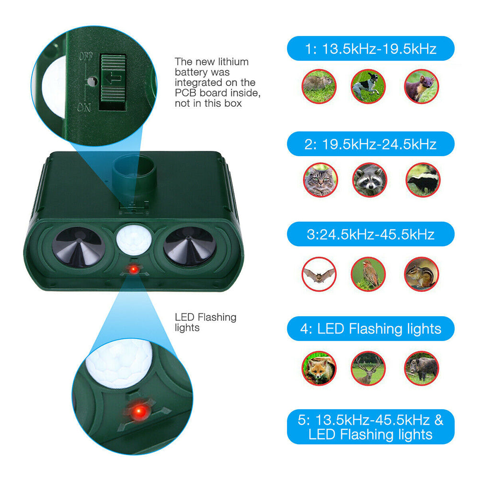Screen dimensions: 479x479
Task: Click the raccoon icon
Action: tap(369, 180)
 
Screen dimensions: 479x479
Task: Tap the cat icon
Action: tap(319, 180)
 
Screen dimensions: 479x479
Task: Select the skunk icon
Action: tap(422, 180)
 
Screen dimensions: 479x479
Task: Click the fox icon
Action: tap(319, 368)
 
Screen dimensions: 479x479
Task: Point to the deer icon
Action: tap(369, 368)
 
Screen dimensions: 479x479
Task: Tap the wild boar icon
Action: tap(422, 368)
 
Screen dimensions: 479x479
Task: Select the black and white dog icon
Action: tap(368, 86)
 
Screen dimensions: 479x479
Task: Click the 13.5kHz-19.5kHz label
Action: tap(370, 48)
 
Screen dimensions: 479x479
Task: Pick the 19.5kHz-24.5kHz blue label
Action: tap(370, 143)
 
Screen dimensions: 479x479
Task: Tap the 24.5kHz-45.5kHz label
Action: tap(370, 235)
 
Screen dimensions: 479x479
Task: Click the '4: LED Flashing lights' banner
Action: tap(370, 329)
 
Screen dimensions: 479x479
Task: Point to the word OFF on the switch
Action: tap(86, 56)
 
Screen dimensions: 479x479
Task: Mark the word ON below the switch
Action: tap(84, 108)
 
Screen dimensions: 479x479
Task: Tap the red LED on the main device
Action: tap(134, 270)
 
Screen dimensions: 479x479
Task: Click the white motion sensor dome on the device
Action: tap(134, 239)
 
